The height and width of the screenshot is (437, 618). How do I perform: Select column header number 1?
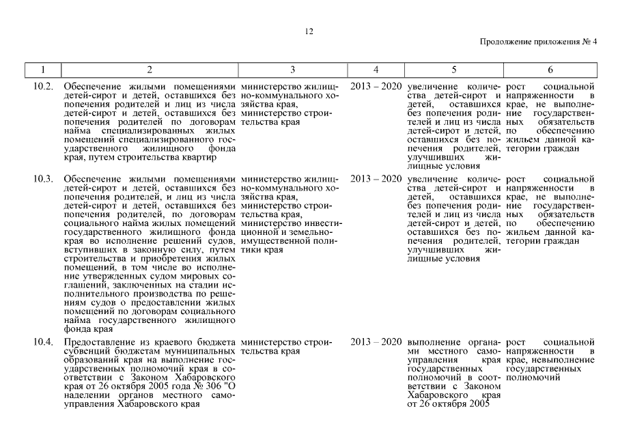(x=42, y=70)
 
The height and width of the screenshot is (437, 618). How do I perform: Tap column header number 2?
(x=150, y=70)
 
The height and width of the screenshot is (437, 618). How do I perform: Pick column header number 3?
(x=293, y=70)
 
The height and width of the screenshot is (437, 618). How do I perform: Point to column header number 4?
(x=376, y=70)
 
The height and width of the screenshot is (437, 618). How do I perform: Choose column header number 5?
(x=453, y=70)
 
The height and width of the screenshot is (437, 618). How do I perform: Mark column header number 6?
(x=550, y=70)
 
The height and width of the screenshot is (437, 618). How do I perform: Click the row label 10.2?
(x=43, y=87)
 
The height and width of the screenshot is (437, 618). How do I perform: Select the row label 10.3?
(x=43, y=179)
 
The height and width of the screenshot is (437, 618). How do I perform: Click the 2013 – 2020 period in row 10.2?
(x=376, y=87)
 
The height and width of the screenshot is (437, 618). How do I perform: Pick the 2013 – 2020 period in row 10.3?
(x=376, y=179)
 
